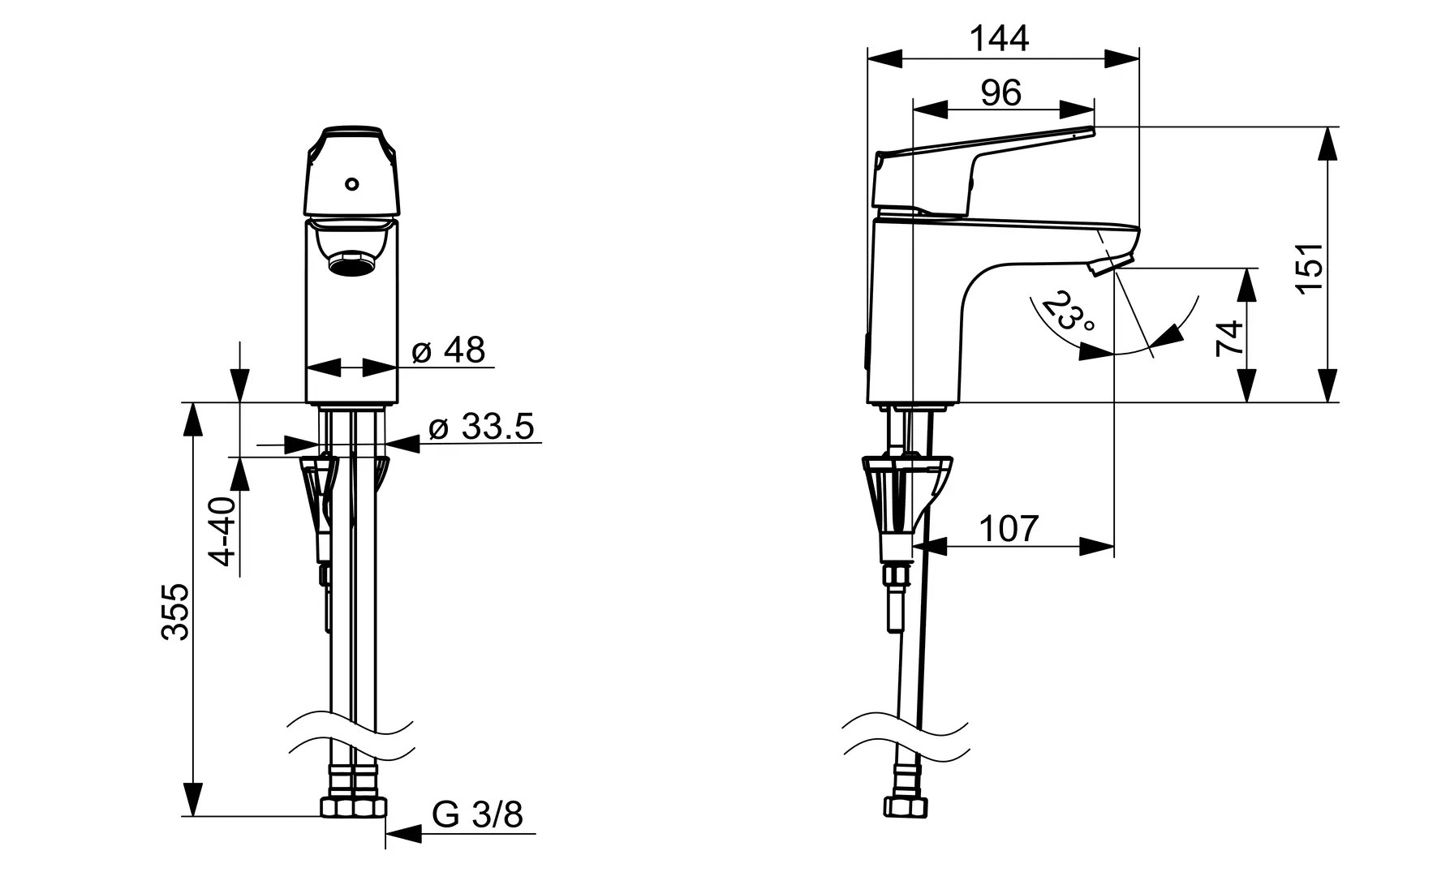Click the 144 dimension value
coord(1000,38)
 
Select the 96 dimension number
coord(1000,93)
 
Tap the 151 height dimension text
coord(1310,268)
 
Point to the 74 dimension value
coord(1228,337)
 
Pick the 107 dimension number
coord(1009,529)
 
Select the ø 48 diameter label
coord(448,350)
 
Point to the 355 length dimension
coord(175,611)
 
